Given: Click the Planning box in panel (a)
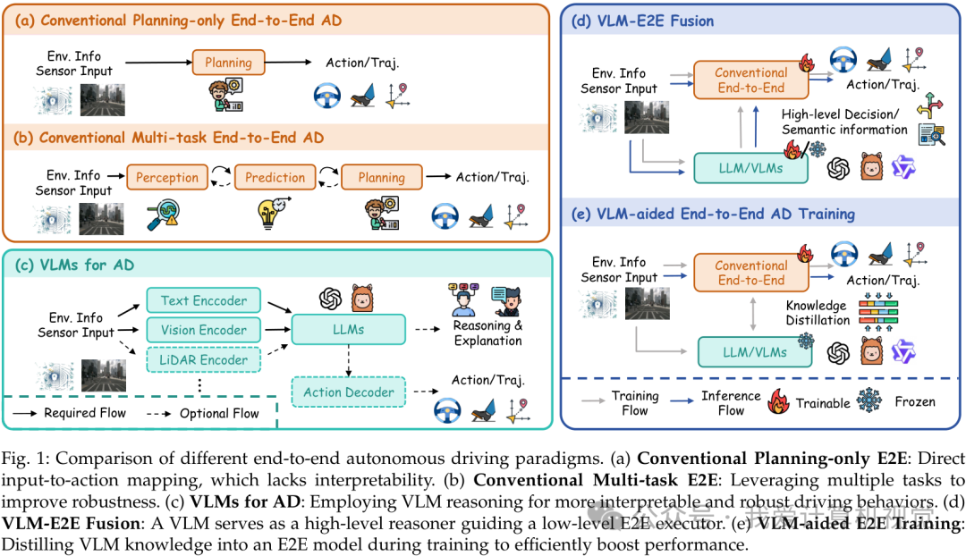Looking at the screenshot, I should (228, 63).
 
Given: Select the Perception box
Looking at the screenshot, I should (167, 177).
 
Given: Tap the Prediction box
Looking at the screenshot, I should (275, 177).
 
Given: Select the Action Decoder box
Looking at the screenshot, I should (349, 392).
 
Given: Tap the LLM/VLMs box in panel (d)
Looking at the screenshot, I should (751, 167).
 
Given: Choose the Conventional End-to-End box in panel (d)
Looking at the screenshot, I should (751, 80).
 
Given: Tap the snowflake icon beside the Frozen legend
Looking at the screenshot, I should (869, 402).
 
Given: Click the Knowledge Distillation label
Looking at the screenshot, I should (818, 312).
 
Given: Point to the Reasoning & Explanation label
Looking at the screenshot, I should (488, 333).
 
